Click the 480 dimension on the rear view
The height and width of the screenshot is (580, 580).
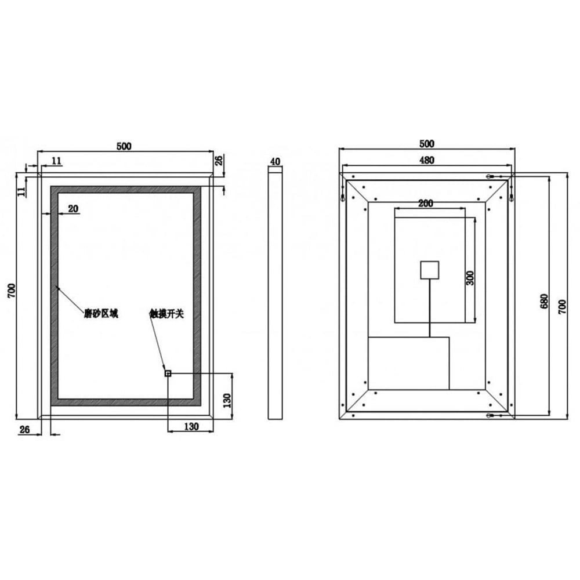(427, 161)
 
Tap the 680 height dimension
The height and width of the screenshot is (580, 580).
(544, 300)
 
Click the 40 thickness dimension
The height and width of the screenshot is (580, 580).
(275, 161)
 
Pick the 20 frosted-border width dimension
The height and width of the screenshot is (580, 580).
(73, 209)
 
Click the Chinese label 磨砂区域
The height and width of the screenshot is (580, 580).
(101, 314)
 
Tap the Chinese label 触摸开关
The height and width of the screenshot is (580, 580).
(166, 314)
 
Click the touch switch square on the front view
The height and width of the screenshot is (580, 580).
(168, 374)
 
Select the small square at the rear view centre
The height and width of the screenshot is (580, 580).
(429, 270)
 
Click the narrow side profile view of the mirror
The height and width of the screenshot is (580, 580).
(275, 293)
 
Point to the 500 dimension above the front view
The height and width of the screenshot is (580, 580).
(124, 146)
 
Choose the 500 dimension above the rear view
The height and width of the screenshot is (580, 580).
(426, 143)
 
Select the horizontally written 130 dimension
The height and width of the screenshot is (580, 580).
(191, 426)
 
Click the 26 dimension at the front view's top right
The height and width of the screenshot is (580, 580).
(219, 160)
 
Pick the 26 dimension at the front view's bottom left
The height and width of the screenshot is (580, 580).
(25, 429)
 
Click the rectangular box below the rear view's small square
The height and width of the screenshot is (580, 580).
(409, 363)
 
